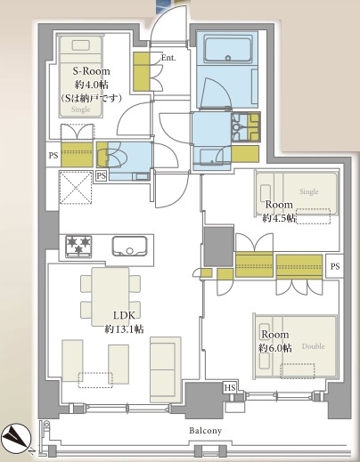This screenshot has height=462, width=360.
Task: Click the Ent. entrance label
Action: [x=168, y=58]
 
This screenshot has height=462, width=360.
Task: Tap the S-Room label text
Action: [x=91, y=71]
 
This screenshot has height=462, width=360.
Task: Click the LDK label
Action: [x=125, y=315]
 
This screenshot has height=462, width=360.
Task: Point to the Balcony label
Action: [x=206, y=431]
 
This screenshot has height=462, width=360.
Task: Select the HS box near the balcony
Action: [x=230, y=388]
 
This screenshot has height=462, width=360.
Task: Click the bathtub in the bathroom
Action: [x=228, y=50]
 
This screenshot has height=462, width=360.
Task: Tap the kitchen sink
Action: [x=129, y=246]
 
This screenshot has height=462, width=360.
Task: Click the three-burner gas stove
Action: [x=78, y=246]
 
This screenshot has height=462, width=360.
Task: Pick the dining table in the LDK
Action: [x=110, y=296]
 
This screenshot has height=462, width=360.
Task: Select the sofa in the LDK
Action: [x=166, y=369]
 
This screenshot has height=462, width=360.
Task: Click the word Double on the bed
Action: [x=313, y=346]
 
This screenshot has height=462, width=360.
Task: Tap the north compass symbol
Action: [x=17, y=439]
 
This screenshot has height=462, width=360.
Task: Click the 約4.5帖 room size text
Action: [x=279, y=219]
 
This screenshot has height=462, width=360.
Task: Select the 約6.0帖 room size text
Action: [x=275, y=348]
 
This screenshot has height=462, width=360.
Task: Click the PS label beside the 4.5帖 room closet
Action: [x=335, y=266]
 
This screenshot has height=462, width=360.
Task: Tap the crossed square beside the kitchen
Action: [x=76, y=188]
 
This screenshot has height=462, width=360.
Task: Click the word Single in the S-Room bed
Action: [x=81, y=109]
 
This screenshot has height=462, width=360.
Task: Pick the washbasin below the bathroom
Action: [x=211, y=157]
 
